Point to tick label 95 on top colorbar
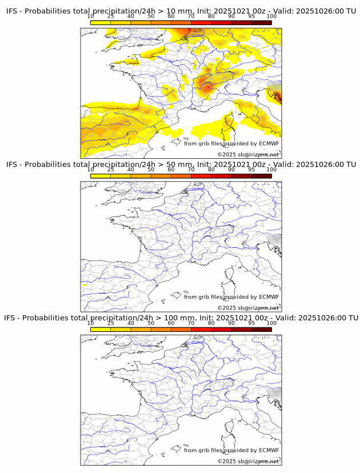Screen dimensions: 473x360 251,16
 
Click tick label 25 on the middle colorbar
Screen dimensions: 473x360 111,169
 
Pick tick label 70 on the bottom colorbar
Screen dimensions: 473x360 191,323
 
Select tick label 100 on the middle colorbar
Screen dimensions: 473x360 271,169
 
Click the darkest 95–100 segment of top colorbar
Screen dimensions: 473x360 261,22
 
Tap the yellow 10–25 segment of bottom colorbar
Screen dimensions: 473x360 101,329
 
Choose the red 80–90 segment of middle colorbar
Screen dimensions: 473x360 221,175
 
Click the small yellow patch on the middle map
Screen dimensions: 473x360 84,284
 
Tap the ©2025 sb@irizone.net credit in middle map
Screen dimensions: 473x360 248,308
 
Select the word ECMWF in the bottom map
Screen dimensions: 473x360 269,450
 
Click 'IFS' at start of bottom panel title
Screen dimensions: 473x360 11,318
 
